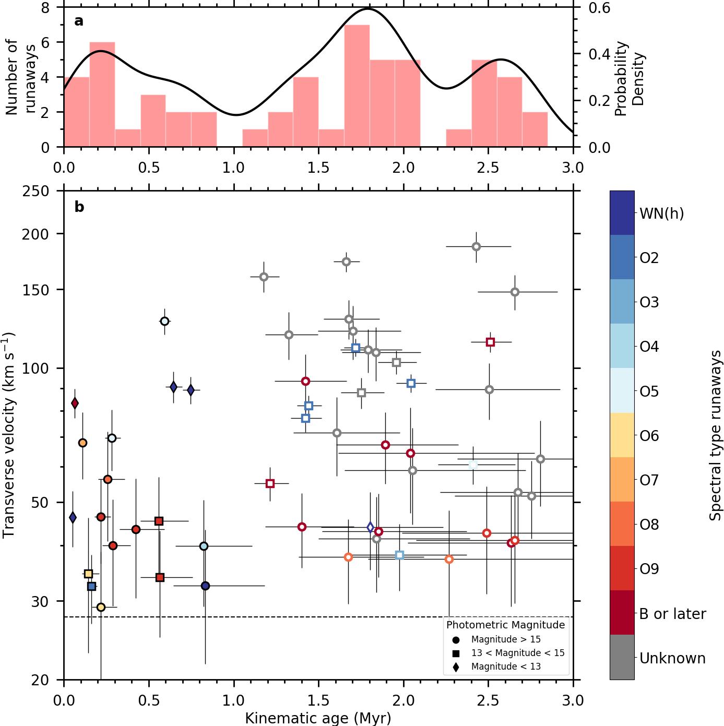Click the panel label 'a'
click(79, 21)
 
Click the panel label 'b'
click(79, 207)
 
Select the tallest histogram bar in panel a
click(357, 86)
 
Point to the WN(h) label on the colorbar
click(661, 213)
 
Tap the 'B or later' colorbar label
click(672, 614)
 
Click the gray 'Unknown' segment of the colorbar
click(622, 657)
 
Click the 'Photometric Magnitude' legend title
click(505, 625)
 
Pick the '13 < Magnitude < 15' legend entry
click(517, 653)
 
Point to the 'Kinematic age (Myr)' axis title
click(318, 718)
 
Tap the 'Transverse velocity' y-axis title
click(9, 436)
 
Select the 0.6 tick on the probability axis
click(599, 8)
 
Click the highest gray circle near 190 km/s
click(476, 246)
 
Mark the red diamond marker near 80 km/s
click(75, 403)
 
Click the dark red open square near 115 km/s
click(490, 342)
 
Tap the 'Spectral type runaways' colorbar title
click(715, 436)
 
